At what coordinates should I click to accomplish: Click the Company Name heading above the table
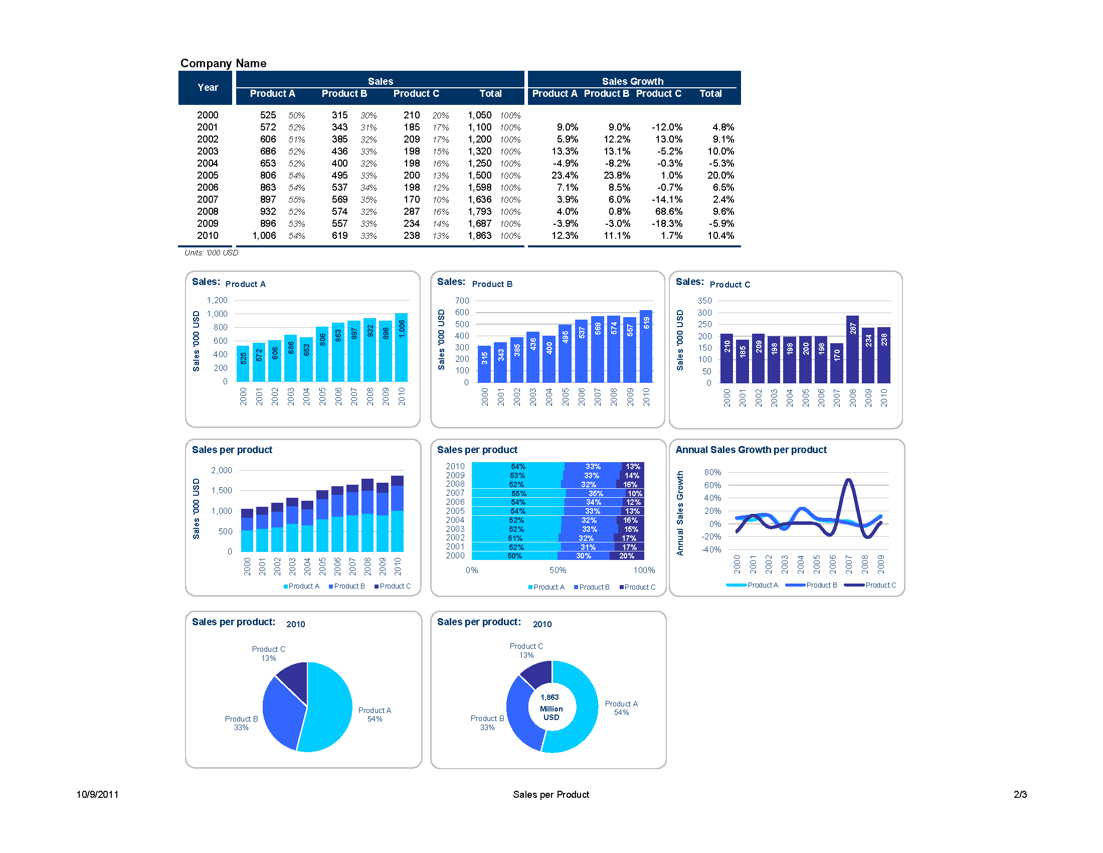click(x=223, y=63)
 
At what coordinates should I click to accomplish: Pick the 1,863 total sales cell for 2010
click(x=479, y=235)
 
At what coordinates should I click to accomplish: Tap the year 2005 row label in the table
click(x=207, y=175)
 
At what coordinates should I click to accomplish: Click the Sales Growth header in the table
click(x=632, y=81)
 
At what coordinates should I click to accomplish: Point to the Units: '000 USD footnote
click(x=211, y=253)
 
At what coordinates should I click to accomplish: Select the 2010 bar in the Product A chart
click(x=402, y=349)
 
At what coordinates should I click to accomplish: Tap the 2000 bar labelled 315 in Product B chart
click(x=484, y=364)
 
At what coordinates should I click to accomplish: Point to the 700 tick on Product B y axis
click(x=462, y=301)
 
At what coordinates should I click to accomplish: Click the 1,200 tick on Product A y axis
click(x=217, y=300)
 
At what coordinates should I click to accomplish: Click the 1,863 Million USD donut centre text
click(x=551, y=707)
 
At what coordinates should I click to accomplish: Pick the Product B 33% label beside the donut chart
click(x=487, y=723)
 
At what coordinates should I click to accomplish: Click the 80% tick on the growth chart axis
click(x=712, y=472)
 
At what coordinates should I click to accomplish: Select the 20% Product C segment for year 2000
click(x=627, y=556)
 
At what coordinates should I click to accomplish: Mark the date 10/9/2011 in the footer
click(x=97, y=794)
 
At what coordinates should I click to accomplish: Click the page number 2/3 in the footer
click(x=1020, y=794)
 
